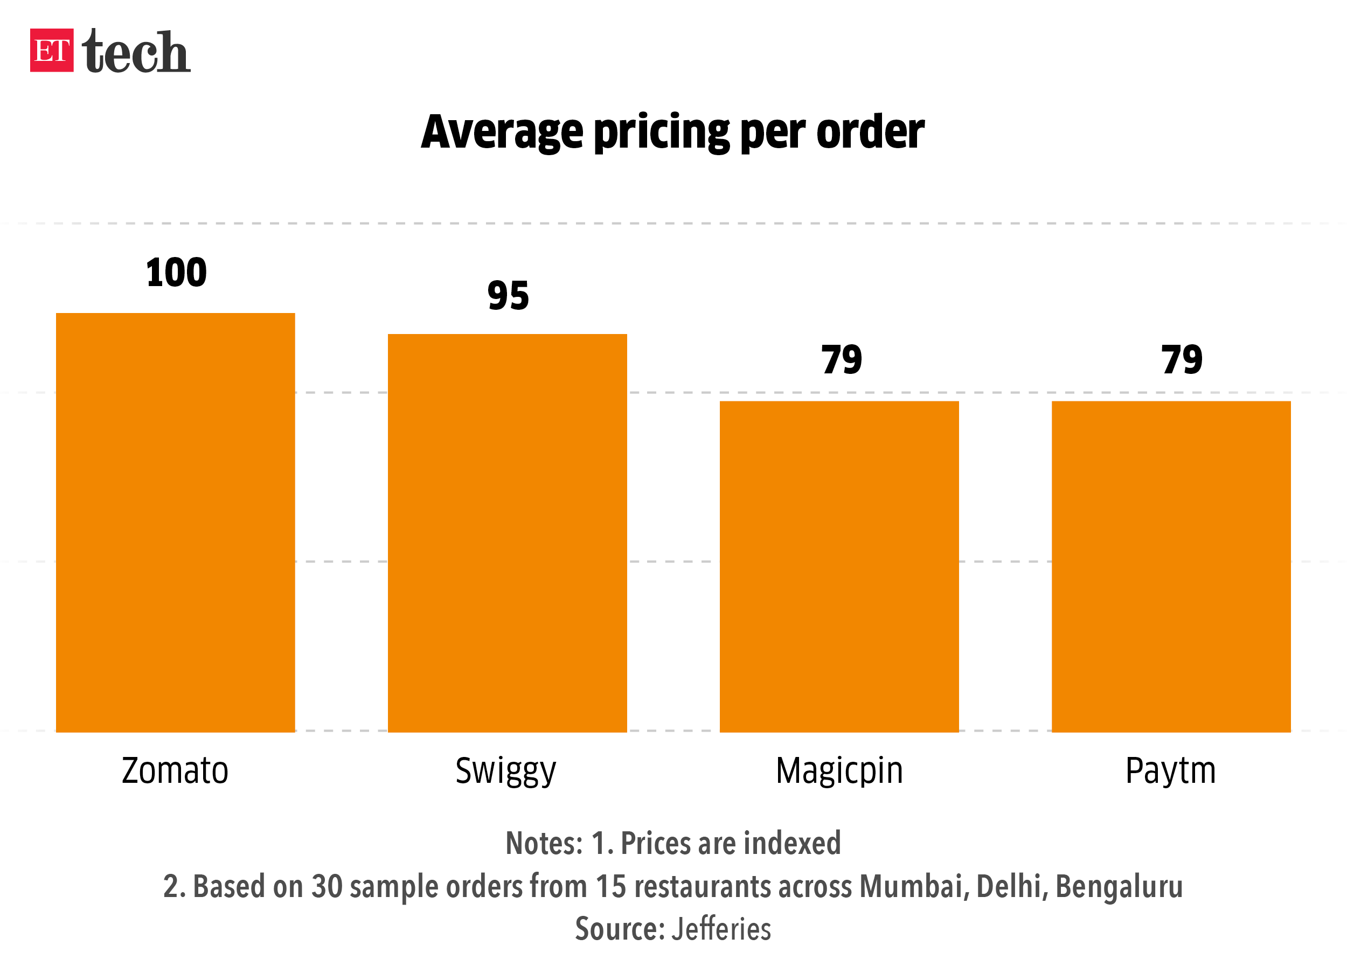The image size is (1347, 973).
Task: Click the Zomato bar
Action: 175,523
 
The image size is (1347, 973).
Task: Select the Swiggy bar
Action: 507,533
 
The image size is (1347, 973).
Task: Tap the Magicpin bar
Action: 839,567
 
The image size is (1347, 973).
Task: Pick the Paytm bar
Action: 1171,567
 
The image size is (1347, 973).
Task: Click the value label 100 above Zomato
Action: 176,273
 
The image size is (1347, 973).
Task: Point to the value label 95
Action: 508,296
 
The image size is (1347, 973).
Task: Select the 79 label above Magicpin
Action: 842,359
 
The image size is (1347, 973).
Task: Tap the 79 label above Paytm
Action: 1182,359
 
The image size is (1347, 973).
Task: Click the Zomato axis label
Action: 175,770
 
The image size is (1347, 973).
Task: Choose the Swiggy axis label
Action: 506,772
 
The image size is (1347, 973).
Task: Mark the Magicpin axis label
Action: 839,772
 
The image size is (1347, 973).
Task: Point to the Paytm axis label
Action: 1171,772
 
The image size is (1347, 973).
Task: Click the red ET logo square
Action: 52,51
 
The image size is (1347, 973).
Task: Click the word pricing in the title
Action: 662,132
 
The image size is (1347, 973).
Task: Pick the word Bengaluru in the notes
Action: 1119,886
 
